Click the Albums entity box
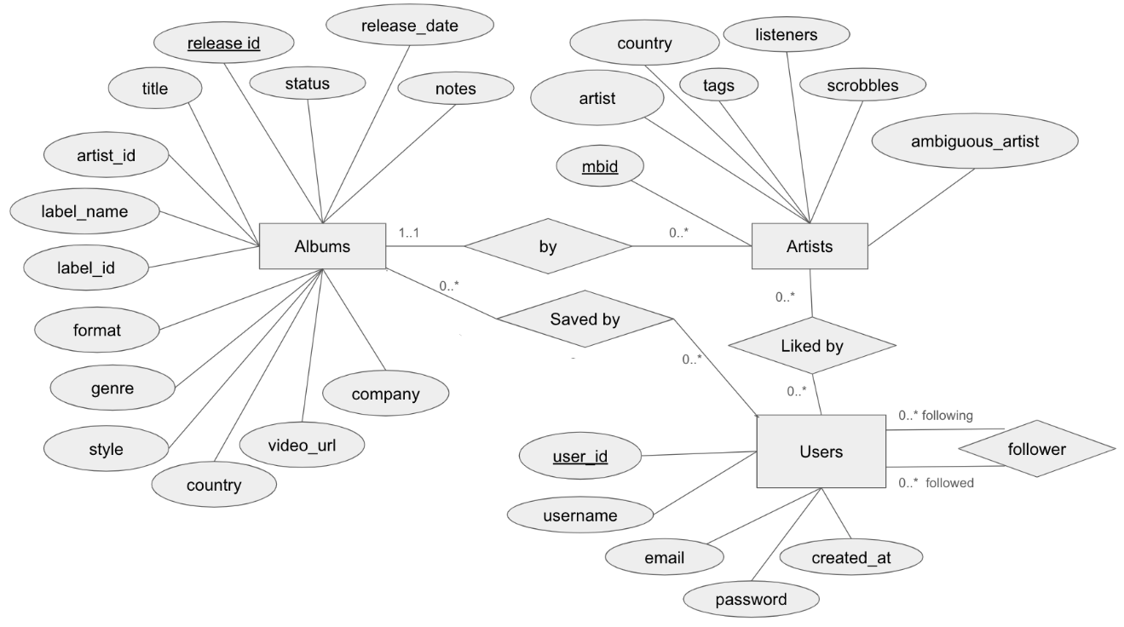322,247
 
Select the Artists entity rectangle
809,247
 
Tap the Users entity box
820,452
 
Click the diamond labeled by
547,247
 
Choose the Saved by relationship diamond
585,319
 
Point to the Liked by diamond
810,347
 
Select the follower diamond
1036,449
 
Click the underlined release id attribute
223,43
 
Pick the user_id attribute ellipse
579,457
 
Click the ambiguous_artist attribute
975,141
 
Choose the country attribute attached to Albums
213,486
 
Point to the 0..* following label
935,417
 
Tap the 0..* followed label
936,483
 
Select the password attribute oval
751,599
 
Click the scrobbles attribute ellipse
862,86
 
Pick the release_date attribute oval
409,26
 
